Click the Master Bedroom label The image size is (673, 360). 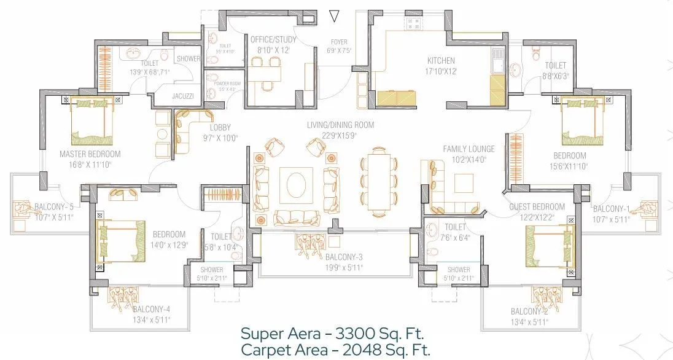[90, 154]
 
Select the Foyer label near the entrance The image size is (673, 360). [339, 42]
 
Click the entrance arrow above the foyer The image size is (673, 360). [334, 16]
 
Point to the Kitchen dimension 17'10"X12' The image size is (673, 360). [441, 71]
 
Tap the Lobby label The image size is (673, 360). [220, 128]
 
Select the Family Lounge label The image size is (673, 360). [469, 149]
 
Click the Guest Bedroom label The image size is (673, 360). [537, 206]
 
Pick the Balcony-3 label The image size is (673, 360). [344, 257]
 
